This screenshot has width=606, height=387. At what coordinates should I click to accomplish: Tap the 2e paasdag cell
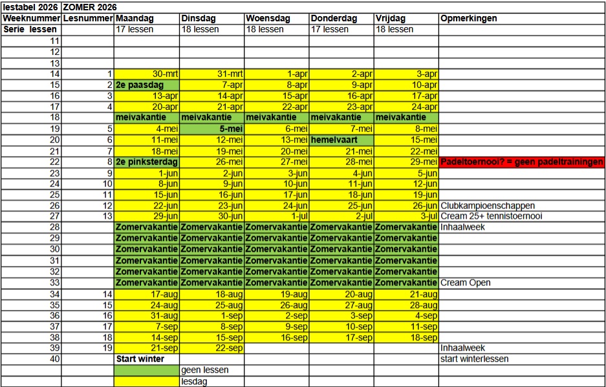(147, 85)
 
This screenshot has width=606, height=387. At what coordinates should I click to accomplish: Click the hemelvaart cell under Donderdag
(341, 140)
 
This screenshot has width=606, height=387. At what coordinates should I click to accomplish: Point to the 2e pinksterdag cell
(147, 162)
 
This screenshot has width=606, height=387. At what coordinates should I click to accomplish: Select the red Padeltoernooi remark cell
(522, 162)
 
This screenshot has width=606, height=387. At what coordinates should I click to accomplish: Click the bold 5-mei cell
(212, 129)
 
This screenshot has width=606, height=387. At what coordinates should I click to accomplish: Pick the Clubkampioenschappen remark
(488, 206)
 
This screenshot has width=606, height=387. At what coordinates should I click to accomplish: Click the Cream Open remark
(466, 283)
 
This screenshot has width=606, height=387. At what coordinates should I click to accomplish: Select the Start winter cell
(140, 359)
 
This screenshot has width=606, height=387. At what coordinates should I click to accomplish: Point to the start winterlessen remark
(474, 359)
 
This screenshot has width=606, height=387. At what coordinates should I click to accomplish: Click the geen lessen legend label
(205, 370)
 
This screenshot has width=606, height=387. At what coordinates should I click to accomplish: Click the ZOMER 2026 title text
(90, 7)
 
